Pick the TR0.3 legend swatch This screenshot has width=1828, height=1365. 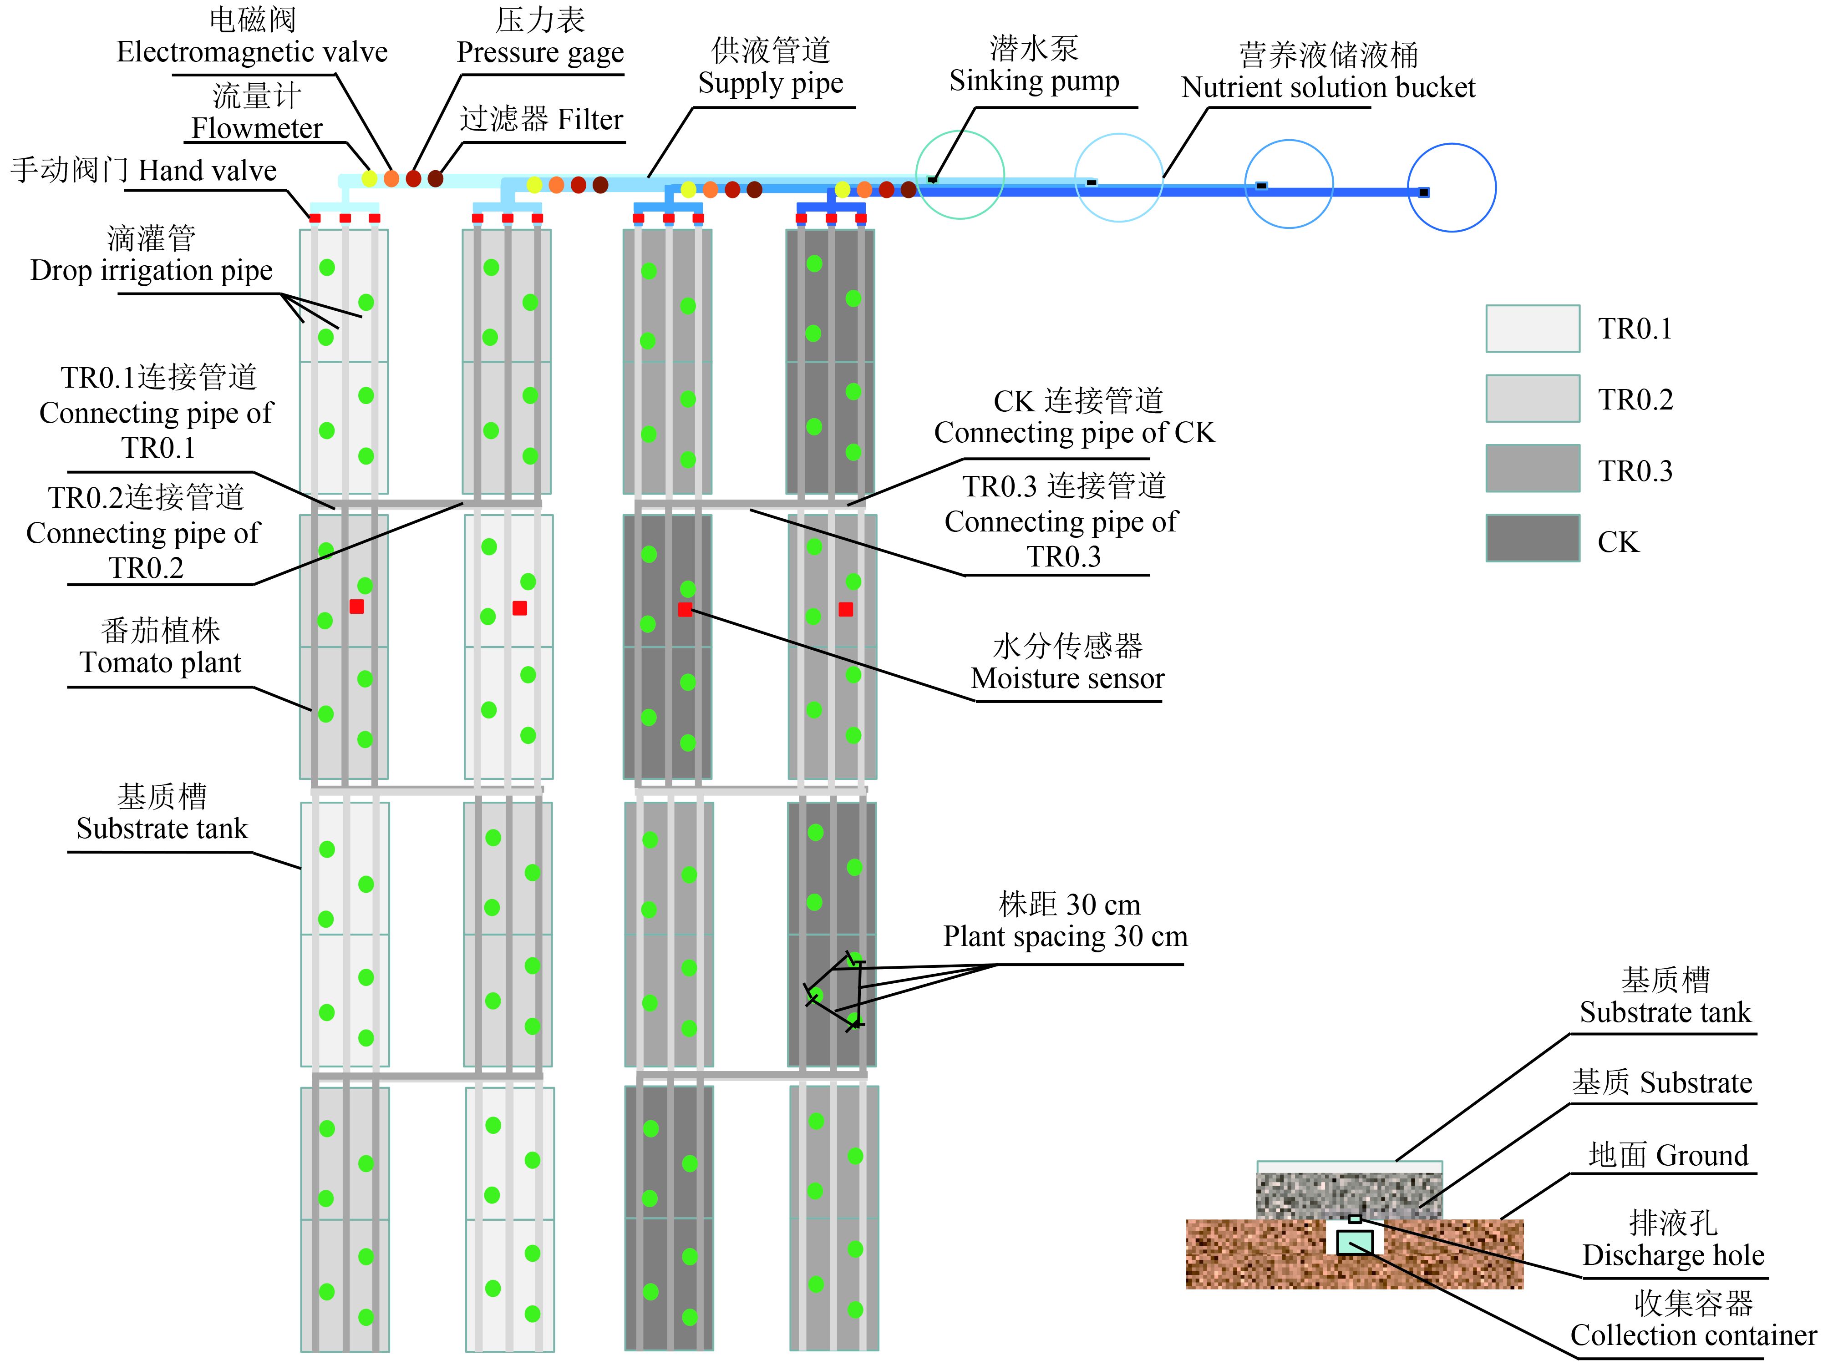tap(1532, 469)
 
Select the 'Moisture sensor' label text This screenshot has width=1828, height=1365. tap(1067, 678)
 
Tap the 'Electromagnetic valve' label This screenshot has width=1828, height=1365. tap(252, 52)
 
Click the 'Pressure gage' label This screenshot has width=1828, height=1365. tap(540, 52)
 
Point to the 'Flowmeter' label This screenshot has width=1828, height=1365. tap(257, 128)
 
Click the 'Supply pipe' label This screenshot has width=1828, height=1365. tap(770, 83)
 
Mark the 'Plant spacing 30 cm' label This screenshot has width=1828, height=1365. tap(1065, 936)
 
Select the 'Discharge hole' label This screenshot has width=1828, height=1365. tap(1673, 1255)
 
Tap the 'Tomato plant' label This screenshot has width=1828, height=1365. tap(160, 662)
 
